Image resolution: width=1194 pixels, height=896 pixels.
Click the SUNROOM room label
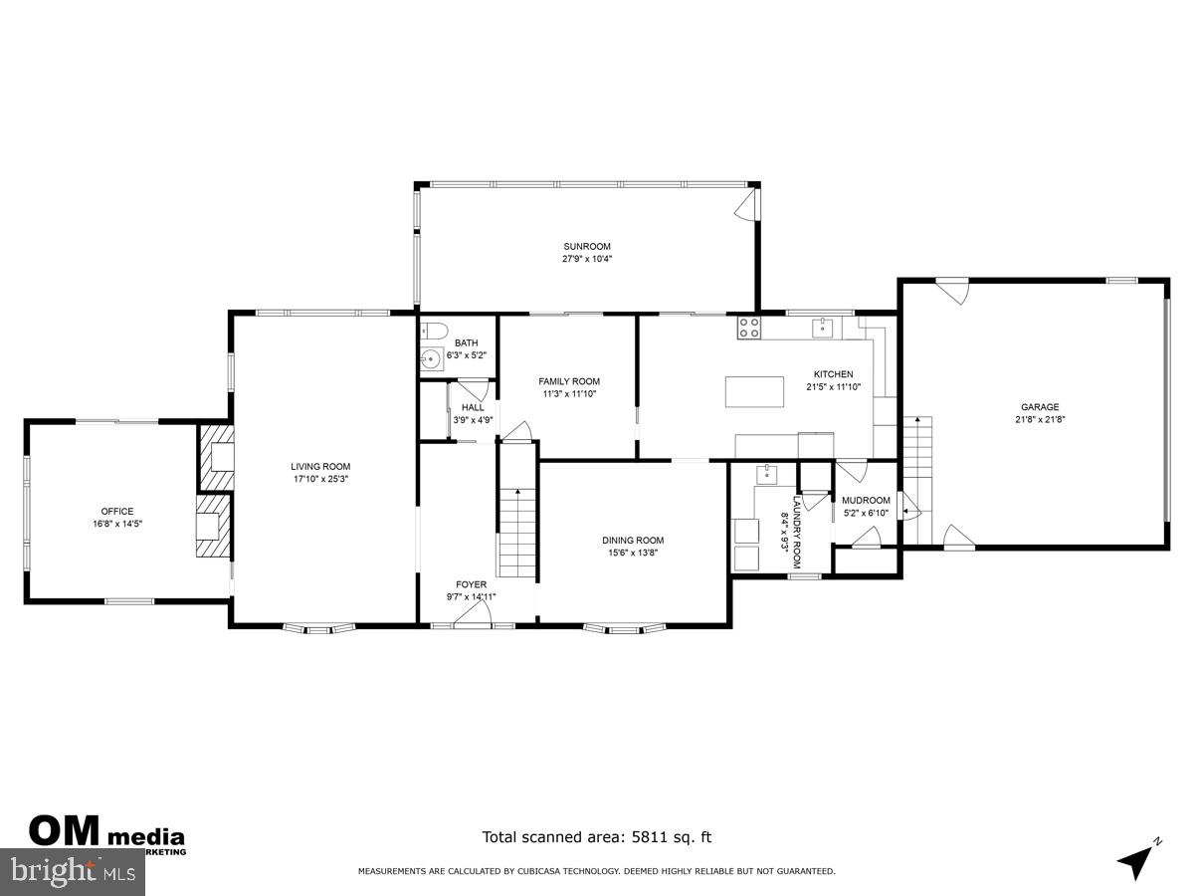click(586, 246)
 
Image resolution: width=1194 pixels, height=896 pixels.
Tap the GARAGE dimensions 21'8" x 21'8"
click(1039, 419)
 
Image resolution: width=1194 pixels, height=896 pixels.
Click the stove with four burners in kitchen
click(749, 329)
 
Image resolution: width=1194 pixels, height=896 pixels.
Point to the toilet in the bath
click(435, 331)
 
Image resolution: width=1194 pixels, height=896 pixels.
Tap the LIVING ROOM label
click(320, 466)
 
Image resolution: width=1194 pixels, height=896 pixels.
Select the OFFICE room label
click(116, 512)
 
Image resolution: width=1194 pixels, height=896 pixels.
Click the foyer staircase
click(516, 533)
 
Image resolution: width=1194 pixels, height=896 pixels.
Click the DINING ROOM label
click(633, 541)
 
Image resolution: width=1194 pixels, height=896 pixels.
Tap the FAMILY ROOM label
click(569, 381)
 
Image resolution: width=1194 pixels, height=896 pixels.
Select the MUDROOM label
click(866, 500)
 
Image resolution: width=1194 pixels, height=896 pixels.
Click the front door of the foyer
click(472, 620)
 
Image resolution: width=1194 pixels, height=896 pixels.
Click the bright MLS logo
click(73, 872)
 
